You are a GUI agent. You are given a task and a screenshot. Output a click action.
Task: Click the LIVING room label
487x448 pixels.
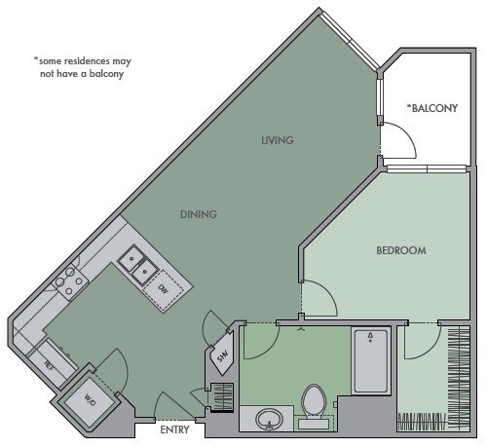[277, 140]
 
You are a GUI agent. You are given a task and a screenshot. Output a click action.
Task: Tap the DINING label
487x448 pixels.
[198, 214]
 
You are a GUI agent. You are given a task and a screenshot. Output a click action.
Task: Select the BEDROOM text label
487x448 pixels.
[400, 250]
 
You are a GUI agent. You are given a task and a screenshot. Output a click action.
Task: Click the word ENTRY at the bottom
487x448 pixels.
[175, 428]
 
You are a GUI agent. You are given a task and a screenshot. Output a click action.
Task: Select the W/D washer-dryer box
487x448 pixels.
[91, 399]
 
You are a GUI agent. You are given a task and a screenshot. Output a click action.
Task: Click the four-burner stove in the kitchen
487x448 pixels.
[68, 281]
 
